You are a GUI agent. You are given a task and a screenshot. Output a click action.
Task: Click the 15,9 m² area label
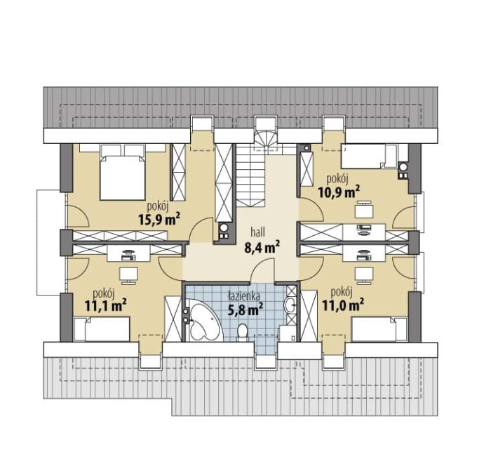coord(159,219)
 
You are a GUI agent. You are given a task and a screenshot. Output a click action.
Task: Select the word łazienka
coord(244,296)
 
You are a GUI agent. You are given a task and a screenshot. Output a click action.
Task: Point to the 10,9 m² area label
coord(339,192)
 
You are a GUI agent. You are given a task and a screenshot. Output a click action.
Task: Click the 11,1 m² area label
coord(105,305)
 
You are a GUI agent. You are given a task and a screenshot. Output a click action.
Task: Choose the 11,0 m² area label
coord(343,304)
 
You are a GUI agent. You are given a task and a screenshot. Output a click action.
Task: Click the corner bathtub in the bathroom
coord(204,320)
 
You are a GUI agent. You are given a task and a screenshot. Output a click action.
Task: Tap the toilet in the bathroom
coord(243,332)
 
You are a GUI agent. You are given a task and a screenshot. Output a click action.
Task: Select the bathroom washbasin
coord(290,304)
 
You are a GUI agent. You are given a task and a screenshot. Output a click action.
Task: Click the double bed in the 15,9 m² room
coord(123,172)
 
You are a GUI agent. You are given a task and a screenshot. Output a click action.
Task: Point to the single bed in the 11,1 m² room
coord(102,329)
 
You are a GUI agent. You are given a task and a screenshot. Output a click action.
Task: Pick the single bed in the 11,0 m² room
coord(379,329)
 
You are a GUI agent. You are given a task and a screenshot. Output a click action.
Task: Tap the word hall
coord(257,232)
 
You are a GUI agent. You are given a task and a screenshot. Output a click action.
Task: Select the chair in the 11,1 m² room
coord(128,275)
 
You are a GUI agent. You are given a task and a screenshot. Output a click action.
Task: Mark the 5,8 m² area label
coord(245,310)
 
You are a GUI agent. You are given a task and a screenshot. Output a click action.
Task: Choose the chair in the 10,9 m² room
coord(364,210)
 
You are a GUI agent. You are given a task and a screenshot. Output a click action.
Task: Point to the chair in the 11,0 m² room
coord(364,275)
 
